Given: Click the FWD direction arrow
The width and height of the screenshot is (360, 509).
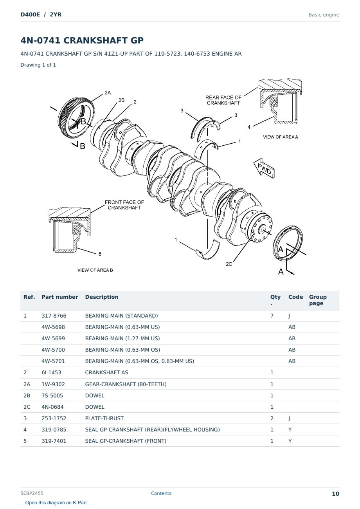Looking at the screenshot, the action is pyautogui.click(x=264, y=168).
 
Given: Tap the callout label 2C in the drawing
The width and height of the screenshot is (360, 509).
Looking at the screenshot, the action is pyautogui.click(x=229, y=264).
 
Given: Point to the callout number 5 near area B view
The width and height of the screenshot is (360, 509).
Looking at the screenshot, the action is pyautogui.click(x=100, y=254).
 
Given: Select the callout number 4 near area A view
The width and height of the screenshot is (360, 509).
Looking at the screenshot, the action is pyautogui.click(x=249, y=127).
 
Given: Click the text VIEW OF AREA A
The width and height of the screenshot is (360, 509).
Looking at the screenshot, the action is pyautogui.click(x=280, y=137).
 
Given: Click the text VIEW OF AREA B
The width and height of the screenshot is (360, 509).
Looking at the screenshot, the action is pyautogui.click(x=95, y=270).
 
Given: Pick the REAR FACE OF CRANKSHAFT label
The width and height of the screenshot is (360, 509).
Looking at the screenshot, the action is pyautogui.click(x=223, y=100).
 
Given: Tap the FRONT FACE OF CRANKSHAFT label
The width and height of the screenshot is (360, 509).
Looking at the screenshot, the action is pyautogui.click(x=124, y=205).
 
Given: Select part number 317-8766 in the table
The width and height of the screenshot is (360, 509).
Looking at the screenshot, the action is pyautogui.click(x=54, y=316).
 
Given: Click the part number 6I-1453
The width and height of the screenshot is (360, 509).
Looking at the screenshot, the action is pyautogui.click(x=51, y=372).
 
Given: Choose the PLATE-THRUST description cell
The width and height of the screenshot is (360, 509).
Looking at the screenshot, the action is pyautogui.click(x=104, y=418).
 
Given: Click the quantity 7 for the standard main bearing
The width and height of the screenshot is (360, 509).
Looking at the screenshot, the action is pyautogui.click(x=272, y=316).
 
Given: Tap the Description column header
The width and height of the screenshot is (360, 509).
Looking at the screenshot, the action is pyautogui.click(x=101, y=297).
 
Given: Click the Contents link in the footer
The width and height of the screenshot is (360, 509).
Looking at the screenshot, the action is pyautogui.click(x=161, y=493).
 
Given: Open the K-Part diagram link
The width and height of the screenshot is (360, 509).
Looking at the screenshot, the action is pyautogui.click(x=56, y=503).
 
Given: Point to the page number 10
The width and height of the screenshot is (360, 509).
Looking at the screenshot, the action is pyautogui.click(x=335, y=494).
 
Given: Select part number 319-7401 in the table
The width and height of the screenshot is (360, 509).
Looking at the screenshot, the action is pyautogui.click(x=54, y=441).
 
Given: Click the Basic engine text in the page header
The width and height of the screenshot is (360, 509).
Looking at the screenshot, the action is pyautogui.click(x=324, y=15).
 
